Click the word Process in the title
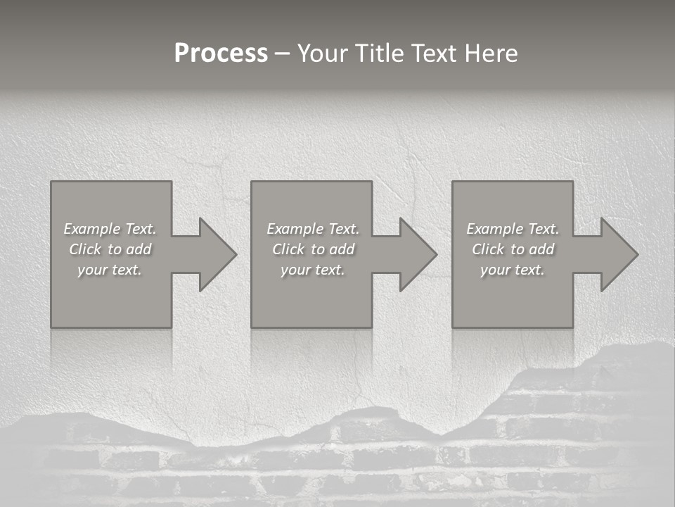tap(221, 54)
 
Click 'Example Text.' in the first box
tap(110, 229)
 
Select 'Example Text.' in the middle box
tap(313, 229)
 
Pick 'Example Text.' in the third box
tap(513, 229)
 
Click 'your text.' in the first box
tap(110, 270)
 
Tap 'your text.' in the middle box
tap(313, 270)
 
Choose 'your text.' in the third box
tap(513, 270)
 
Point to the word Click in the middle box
tap(288, 249)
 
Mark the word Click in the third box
tap(488, 249)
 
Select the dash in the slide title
tap(283, 54)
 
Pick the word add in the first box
tap(139, 249)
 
